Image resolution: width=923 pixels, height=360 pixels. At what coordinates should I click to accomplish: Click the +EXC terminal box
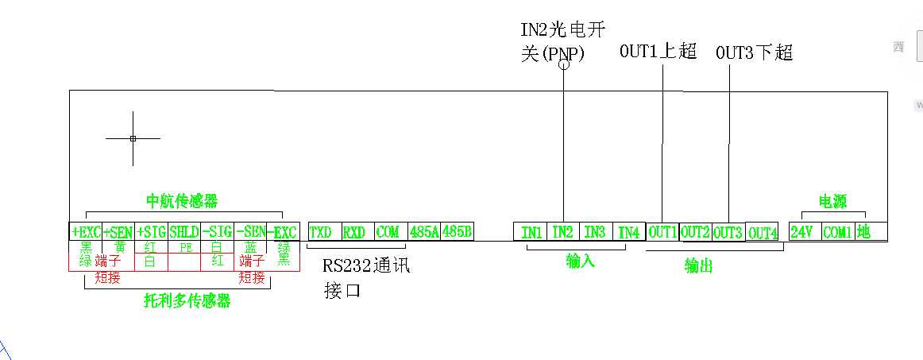point(86,231)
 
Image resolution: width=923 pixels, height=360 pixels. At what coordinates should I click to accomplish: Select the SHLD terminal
point(184,231)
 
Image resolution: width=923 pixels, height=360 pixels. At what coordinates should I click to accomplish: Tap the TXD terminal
point(321,232)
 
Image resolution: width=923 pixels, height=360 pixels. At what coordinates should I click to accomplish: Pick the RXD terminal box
point(354,232)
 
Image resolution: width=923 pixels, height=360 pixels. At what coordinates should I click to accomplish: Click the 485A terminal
point(423,232)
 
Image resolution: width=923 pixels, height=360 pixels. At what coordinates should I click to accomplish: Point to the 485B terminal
point(458,232)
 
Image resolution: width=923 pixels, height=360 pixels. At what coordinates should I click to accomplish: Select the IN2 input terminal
point(562,232)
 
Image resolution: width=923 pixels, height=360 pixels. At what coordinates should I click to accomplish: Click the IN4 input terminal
point(628,232)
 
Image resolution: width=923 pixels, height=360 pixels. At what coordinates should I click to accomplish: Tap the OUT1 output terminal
point(662,232)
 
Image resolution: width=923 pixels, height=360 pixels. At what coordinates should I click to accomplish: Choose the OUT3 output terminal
point(728,232)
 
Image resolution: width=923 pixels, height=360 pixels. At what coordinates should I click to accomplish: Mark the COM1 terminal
point(836,232)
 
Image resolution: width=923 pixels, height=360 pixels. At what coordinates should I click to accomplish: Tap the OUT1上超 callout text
point(658,52)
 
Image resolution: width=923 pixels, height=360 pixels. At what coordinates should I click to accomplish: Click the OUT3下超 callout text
point(754,53)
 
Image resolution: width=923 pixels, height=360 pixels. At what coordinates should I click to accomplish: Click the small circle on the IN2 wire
point(565,64)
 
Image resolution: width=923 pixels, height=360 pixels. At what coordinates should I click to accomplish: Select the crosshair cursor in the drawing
point(133,138)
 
